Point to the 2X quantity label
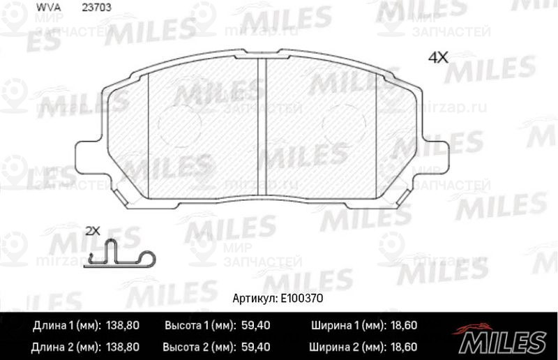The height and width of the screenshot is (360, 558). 92,230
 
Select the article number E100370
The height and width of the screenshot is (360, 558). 303,297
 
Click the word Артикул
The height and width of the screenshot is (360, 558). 256,297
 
